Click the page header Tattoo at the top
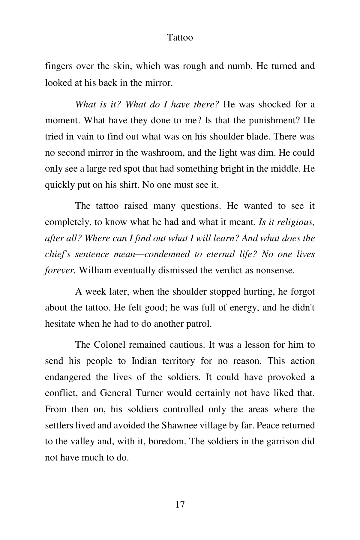click(x=180, y=37)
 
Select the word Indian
click(x=144, y=361)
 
